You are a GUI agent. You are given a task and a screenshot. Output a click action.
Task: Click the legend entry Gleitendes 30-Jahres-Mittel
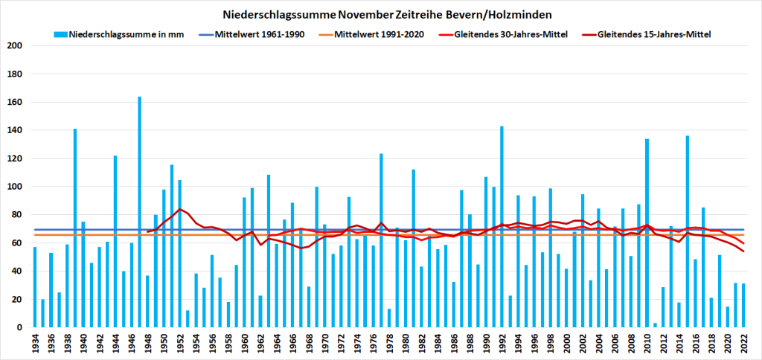[505, 34]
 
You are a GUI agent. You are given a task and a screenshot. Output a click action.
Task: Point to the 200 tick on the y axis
[16, 46]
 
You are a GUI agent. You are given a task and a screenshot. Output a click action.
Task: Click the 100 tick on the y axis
[16, 187]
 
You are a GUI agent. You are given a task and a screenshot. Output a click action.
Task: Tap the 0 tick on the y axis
[22, 327]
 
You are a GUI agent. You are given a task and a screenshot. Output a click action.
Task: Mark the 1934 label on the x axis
[35, 344]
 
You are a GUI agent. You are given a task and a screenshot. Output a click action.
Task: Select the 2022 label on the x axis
[743, 344]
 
